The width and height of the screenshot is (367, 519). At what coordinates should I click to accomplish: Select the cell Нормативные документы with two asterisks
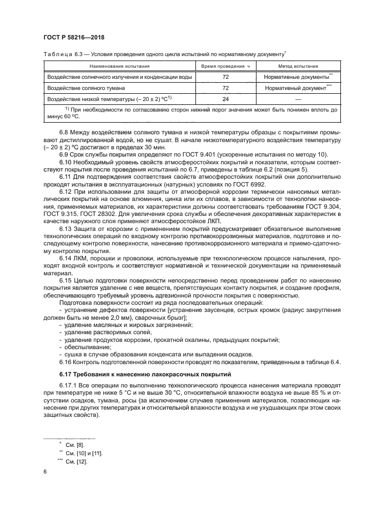(298, 77)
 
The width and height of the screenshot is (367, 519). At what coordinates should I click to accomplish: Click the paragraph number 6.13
(66, 228)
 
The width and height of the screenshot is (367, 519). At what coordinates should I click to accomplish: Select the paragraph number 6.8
(64, 132)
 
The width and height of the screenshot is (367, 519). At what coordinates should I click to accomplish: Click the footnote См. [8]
(73, 445)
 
